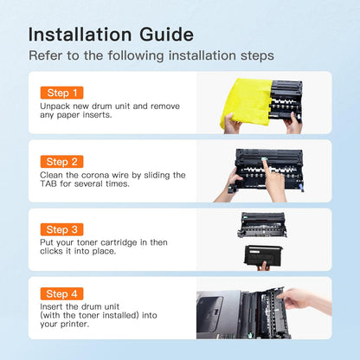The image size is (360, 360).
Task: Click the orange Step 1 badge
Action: click(61, 93)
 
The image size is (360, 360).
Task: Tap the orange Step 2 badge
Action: click(61, 162)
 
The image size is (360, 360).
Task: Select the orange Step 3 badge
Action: click(61, 229)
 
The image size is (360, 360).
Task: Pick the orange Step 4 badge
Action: click(61, 293)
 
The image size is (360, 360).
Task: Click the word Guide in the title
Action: click(166, 35)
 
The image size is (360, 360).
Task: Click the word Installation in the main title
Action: click(80, 35)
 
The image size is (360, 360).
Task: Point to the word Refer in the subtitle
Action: click(45, 55)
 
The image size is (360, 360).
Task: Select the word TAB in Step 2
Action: click(48, 183)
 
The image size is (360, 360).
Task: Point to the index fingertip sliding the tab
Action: click(264, 159)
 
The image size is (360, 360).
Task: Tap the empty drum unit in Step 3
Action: click(262, 225)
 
